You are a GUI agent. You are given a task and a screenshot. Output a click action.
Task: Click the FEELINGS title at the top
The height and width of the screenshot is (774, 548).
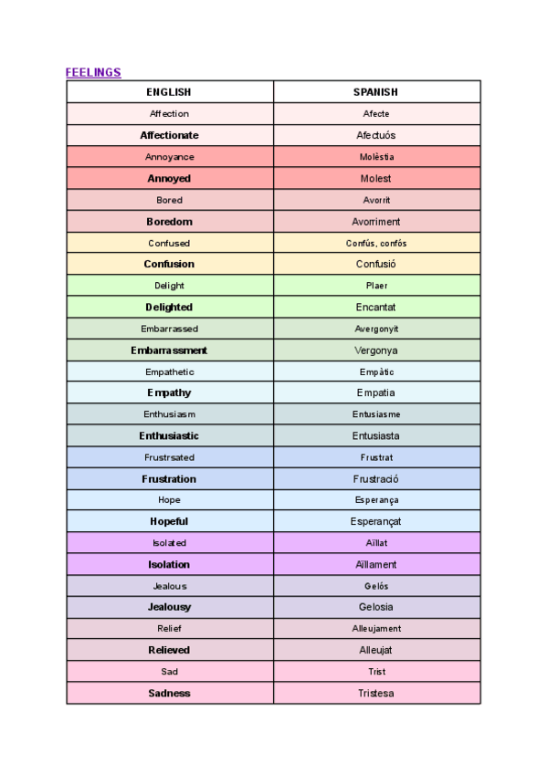93,72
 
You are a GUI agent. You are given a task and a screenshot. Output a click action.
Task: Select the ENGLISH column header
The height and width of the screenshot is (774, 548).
169,92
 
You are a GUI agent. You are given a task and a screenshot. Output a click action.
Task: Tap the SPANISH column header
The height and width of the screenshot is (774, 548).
375,92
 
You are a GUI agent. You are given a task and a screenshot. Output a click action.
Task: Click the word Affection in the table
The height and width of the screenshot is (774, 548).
169,114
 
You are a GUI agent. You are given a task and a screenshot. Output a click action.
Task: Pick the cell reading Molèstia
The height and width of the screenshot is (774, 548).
375,157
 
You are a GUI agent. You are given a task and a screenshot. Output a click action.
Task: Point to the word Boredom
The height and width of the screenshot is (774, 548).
169,222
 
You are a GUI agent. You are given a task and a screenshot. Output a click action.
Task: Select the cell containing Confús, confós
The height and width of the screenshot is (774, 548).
375,244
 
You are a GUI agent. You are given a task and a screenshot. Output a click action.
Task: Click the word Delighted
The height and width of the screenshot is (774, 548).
169,308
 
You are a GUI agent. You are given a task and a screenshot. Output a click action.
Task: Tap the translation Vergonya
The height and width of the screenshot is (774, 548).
375,350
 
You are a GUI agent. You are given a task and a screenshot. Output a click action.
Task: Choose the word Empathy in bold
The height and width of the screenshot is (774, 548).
169,393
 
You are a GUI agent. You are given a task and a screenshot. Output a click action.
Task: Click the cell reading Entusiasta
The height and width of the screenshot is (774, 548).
375,436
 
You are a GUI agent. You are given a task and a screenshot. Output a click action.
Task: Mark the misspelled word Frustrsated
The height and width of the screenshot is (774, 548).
169,457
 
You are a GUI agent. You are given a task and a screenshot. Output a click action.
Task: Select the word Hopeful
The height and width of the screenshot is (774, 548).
169,521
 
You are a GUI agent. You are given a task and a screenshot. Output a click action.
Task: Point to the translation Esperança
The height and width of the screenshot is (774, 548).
375,500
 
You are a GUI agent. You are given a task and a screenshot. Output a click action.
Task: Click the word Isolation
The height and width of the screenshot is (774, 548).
169,565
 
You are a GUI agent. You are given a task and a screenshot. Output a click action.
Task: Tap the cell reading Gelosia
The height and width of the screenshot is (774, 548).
375,607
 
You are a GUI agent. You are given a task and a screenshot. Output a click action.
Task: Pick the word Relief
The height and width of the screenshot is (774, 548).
169,629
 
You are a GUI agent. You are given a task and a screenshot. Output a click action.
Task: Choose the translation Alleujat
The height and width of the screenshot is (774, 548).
375,650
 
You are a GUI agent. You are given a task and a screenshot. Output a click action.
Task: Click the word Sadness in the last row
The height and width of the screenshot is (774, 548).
169,694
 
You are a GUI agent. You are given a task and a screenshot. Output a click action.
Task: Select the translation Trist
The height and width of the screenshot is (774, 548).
375,672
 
